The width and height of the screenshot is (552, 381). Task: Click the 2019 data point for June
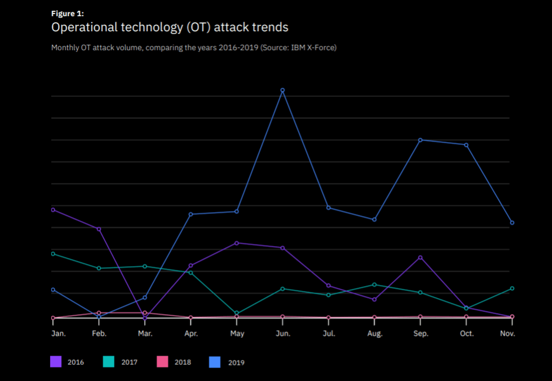click(x=282, y=90)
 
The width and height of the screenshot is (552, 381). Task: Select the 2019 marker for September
click(x=420, y=140)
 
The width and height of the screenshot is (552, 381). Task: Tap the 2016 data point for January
click(x=53, y=209)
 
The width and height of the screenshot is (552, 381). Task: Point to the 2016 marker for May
click(x=237, y=243)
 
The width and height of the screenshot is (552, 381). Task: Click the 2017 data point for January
click(x=53, y=254)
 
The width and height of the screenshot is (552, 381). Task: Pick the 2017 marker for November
click(x=512, y=288)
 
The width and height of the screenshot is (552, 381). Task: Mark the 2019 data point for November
click(x=512, y=222)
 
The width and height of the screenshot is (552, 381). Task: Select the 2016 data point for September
click(x=420, y=257)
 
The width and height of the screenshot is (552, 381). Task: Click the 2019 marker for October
click(x=466, y=145)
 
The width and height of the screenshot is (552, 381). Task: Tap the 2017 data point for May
click(x=237, y=313)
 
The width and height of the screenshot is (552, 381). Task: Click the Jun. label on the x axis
click(x=283, y=334)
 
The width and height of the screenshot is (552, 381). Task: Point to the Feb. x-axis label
click(x=99, y=334)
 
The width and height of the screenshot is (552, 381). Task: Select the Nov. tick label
click(x=507, y=334)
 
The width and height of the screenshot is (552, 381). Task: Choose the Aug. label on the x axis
click(x=375, y=334)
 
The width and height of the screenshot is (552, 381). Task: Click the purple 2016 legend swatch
click(x=56, y=362)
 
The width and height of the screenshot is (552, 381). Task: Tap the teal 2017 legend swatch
click(x=109, y=362)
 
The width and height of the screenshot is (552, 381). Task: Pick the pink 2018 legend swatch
click(x=163, y=362)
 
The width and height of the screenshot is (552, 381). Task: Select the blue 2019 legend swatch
click(x=216, y=362)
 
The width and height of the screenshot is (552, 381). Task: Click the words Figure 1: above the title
click(x=67, y=13)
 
